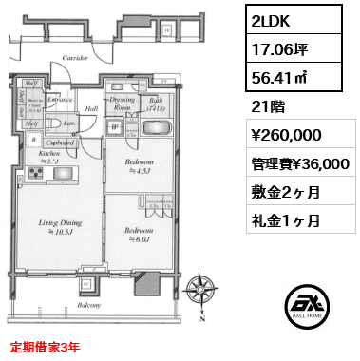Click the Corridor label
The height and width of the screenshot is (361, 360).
click(75, 58)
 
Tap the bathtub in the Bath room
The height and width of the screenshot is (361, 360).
click(157, 107)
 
